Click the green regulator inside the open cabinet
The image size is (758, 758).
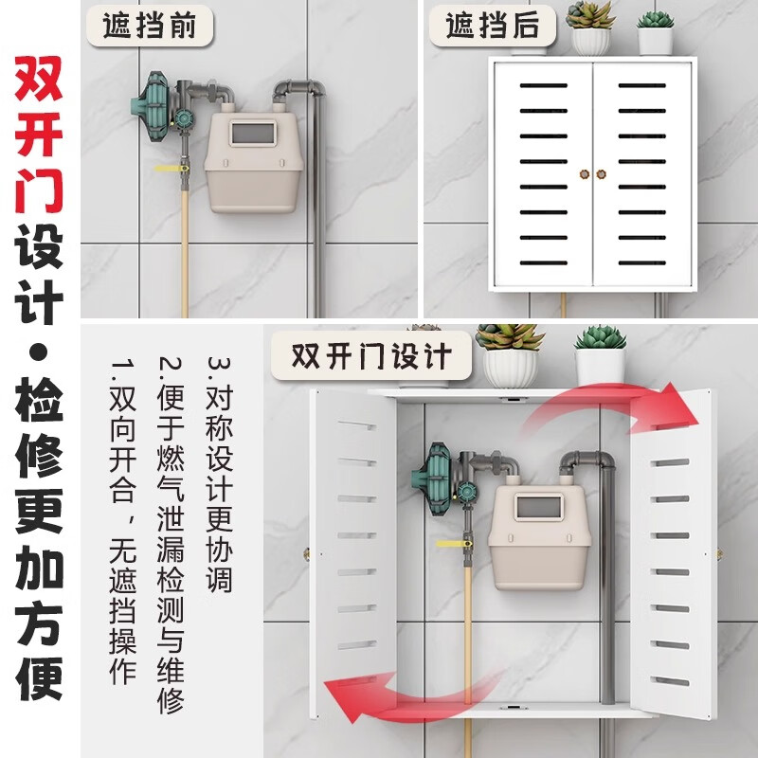[441, 479]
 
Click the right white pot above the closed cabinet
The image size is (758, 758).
[655, 40]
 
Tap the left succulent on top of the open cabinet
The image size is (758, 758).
[509, 336]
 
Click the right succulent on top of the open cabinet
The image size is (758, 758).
[601, 337]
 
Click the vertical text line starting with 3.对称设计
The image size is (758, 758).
[219, 474]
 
